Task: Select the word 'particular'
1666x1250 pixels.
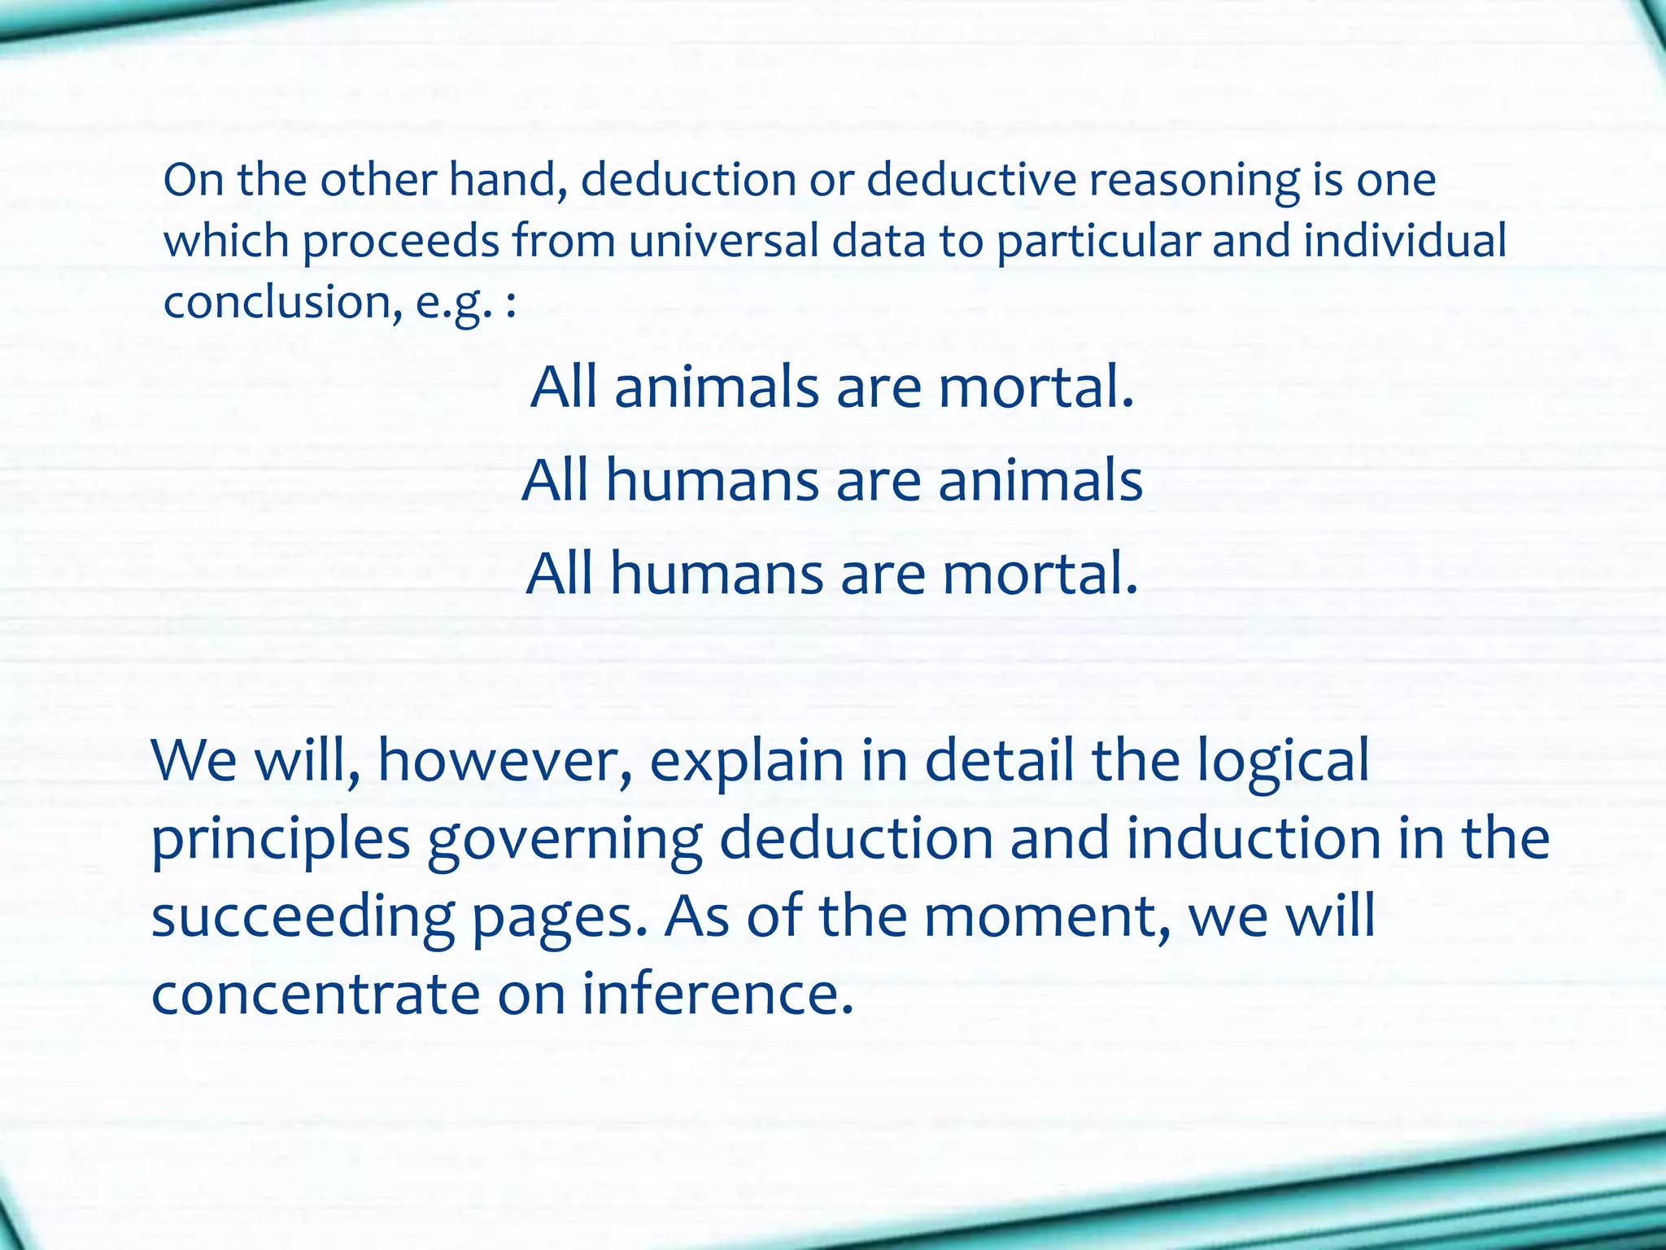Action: [x=1098, y=241]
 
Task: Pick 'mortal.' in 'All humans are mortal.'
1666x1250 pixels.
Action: [x=1040, y=574]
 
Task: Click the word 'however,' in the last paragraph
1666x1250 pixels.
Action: [x=505, y=761]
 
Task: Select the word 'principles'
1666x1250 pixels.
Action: [x=281, y=841]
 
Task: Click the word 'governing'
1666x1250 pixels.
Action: [x=565, y=841]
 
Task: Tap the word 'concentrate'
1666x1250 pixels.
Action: [x=316, y=994]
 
